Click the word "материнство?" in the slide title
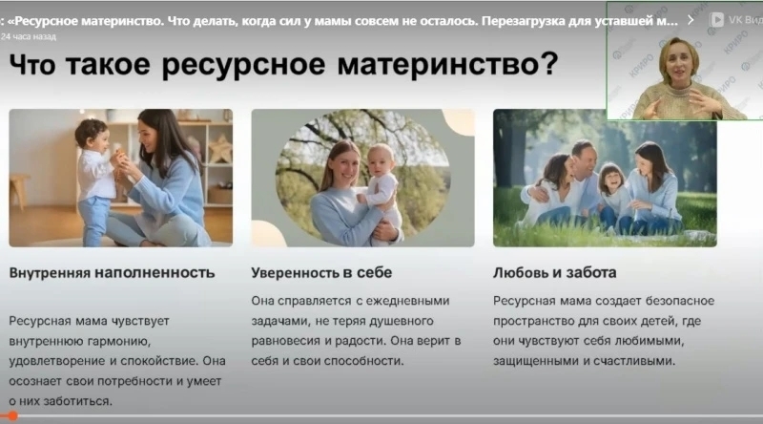447,64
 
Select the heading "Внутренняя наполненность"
112,272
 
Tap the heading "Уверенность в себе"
321,272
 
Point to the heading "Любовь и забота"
555,272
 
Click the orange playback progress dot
12,415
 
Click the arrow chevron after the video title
691,20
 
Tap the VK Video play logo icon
716,19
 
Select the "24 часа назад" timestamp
29,36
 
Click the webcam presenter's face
678,62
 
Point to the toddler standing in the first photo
94,180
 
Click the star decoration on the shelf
220,149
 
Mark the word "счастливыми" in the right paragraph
634,361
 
